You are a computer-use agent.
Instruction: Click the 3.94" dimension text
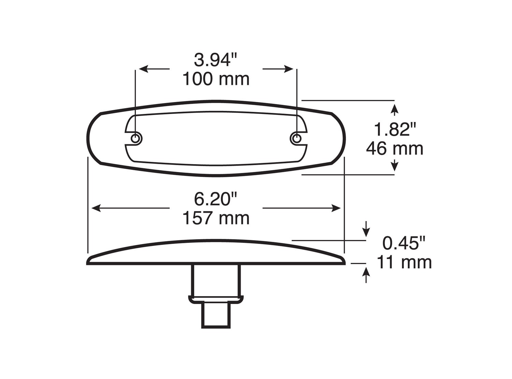coord(215,60)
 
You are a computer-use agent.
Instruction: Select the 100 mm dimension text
coord(216,79)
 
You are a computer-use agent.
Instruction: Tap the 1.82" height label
coord(395,130)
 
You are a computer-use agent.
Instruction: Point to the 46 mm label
coord(395,149)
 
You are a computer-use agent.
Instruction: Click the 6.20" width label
coord(215,199)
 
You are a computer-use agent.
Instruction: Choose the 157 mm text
coord(216,218)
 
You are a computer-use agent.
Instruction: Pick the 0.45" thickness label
coord(404,243)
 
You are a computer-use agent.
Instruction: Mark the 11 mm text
coord(404,262)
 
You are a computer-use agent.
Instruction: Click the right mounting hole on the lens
coord(297,138)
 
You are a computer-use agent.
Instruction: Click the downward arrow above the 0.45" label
coord(366,232)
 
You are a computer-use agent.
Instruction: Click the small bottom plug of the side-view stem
coord(216,315)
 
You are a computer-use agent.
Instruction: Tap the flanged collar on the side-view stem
coord(216,299)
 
